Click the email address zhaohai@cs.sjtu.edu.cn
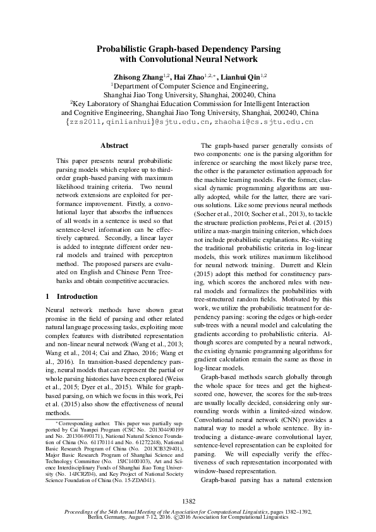(x=269, y=121)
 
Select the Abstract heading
(x=114, y=145)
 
